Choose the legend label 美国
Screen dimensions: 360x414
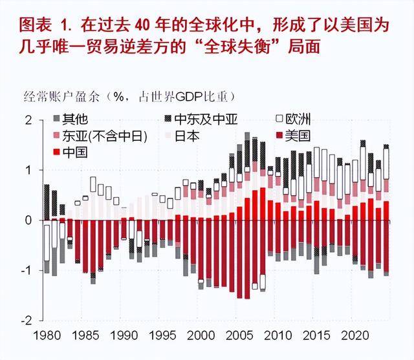(x=299, y=136)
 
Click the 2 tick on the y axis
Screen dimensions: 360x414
(x=28, y=120)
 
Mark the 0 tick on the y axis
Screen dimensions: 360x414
(x=28, y=220)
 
